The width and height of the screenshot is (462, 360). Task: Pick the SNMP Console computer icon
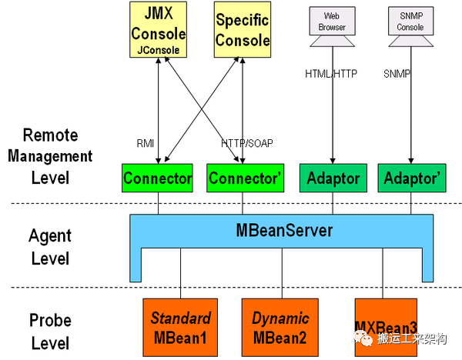(410, 21)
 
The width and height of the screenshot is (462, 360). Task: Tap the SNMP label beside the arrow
(397, 74)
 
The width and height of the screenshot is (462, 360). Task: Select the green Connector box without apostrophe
(158, 179)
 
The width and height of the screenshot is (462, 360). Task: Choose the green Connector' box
(243, 179)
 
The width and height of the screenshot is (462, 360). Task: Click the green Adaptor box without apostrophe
(334, 179)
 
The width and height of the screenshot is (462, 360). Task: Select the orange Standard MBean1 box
(180, 328)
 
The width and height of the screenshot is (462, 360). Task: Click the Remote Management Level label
(50, 157)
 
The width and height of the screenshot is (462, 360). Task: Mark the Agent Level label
(50, 246)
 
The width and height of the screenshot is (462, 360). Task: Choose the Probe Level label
(50, 332)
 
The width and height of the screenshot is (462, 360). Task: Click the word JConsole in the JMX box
(158, 48)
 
